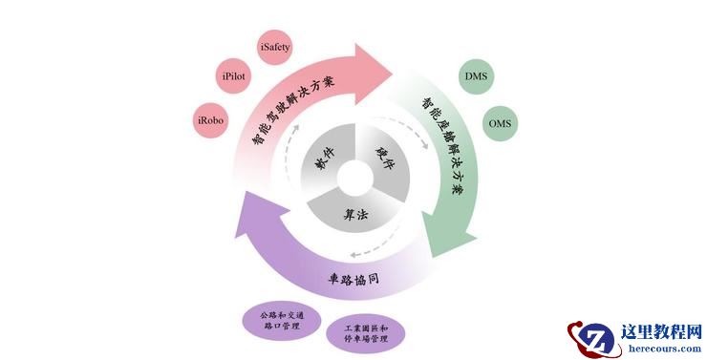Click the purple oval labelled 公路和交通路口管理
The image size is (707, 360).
(279, 318)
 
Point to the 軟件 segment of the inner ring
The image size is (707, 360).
(321, 161)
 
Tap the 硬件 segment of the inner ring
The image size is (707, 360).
(385, 160)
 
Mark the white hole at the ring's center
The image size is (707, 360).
(353, 179)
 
